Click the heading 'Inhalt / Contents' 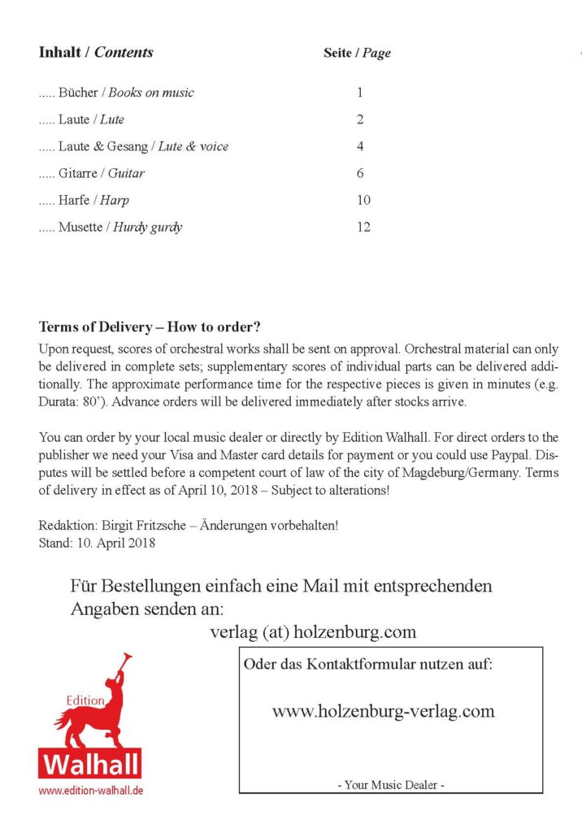click(96, 53)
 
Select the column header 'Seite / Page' click(357, 54)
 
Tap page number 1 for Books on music click(359, 93)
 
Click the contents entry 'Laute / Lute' click(91, 119)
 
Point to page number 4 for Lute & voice click(359, 147)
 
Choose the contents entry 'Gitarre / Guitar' click(101, 173)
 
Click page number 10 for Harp click(363, 200)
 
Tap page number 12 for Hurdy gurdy click(363, 227)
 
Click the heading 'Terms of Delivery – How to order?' click(150, 328)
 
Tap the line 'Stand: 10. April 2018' click(97, 542)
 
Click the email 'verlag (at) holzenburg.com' click(312, 631)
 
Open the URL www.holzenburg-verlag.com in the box click(383, 711)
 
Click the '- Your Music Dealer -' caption click(390, 785)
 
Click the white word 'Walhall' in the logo click(90, 765)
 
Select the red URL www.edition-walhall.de click(91, 790)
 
